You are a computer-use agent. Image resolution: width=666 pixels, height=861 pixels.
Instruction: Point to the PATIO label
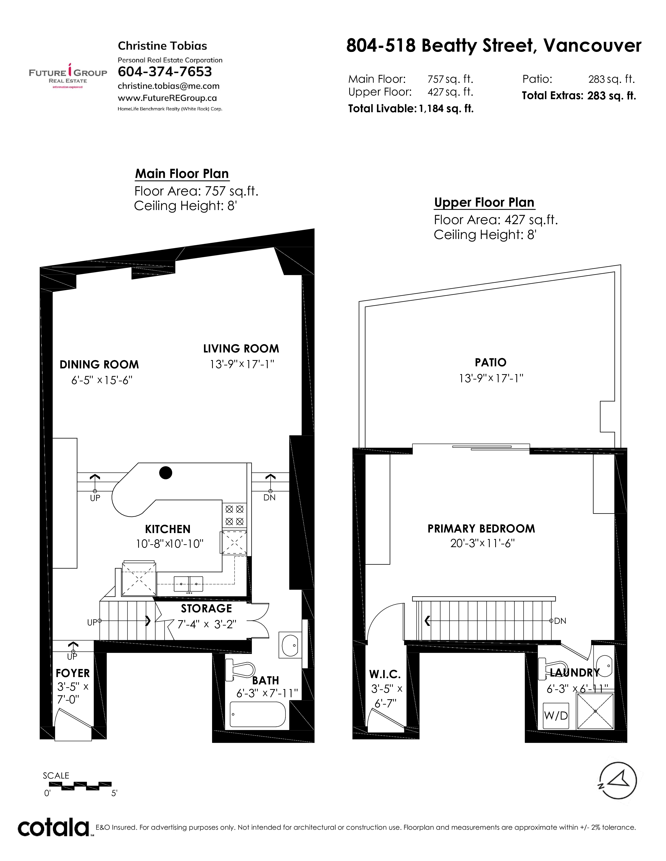(x=490, y=362)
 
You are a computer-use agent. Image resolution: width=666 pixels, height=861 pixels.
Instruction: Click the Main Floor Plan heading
(x=182, y=174)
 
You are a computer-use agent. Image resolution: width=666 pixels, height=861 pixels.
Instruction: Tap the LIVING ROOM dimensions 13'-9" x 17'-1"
(x=242, y=364)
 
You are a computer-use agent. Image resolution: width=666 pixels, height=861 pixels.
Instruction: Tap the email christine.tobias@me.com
(x=168, y=86)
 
